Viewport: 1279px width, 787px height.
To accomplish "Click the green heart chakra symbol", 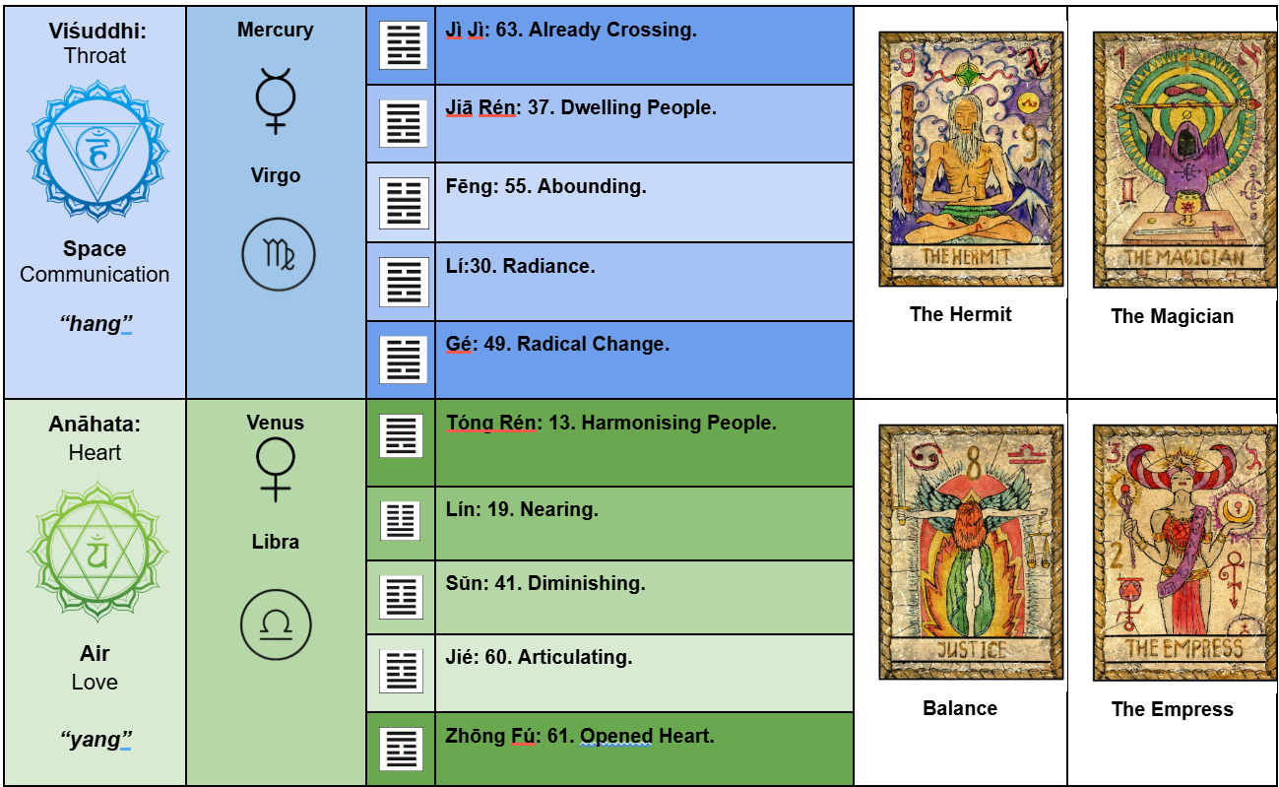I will click(96, 553).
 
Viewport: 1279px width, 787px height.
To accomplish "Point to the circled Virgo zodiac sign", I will click(278, 254).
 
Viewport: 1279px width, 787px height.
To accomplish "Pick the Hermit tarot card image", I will click(971, 159).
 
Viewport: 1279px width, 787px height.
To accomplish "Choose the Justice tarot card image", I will click(971, 552).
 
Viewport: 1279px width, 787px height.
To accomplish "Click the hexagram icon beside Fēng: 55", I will click(403, 203).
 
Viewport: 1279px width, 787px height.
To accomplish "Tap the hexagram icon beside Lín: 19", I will click(400, 521).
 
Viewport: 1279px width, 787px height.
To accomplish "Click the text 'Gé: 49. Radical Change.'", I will click(557, 345).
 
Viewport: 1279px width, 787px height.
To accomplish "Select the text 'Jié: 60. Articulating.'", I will click(539, 657).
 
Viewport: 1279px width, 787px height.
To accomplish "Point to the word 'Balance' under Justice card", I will click(960, 708).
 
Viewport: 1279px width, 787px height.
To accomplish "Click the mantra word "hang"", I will click(96, 323).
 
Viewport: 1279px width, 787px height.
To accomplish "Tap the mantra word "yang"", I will click(96, 740).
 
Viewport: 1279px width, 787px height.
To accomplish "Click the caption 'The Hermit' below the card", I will click(960, 314).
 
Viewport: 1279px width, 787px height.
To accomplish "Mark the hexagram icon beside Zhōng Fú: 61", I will click(402, 749).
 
